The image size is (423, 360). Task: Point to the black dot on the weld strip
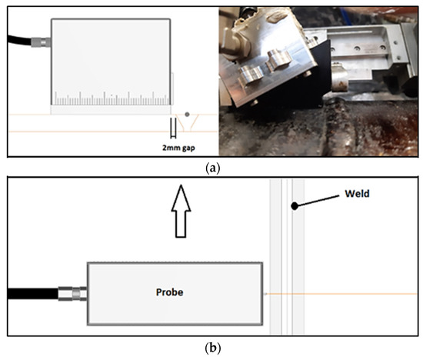tap(293, 205)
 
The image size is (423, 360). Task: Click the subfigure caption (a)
tap(211, 165)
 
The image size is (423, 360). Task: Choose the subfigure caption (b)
tap(211, 348)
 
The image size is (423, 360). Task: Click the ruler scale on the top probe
tap(112, 99)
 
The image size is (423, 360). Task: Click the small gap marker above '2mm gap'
tap(173, 128)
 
